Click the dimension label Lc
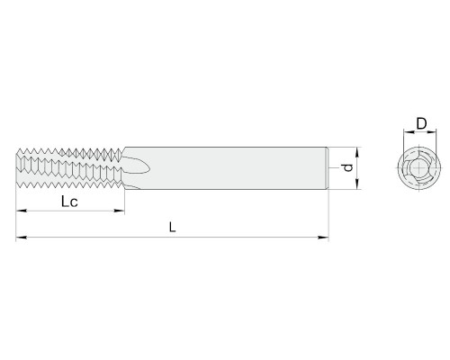69,202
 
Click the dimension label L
172,227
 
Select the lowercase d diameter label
347,167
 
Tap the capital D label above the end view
421,123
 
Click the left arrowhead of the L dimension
22,238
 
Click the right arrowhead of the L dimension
323,238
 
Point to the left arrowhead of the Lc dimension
22,211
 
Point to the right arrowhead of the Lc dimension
119,211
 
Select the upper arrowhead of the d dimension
357,153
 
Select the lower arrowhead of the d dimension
357,184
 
